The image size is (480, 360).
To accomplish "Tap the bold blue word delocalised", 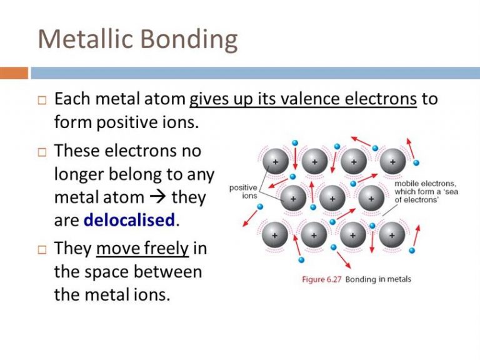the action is click(x=129, y=220).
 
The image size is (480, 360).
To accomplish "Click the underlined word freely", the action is click(x=166, y=249).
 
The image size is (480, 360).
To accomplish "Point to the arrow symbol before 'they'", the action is click(x=157, y=197).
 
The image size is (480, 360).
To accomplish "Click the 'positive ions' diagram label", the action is click(x=243, y=192).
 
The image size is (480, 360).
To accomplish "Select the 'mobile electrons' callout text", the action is click(x=426, y=192).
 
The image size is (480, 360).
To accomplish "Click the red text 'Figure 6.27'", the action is click(x=321, y=279).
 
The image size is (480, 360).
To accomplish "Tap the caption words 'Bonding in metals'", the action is click(x=378, y=279).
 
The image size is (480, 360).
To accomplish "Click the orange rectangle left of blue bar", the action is click(x=14, y=73).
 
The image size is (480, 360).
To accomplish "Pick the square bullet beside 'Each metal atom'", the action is click(x=42, y=101).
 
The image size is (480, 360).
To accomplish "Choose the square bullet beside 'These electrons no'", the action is click(x=42, y=152).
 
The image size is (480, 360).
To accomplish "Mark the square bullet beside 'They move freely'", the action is click(x=42, y=250).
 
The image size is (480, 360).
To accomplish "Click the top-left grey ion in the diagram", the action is click(x=276, y=161).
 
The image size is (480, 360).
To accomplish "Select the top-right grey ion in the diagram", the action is click(x=392, y=161).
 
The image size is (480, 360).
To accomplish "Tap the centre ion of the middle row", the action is click(x=332, y=198).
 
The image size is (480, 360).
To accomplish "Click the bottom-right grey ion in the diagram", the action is click(x=392, y=235).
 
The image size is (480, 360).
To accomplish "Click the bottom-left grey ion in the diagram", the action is click(x=274, y=235).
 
